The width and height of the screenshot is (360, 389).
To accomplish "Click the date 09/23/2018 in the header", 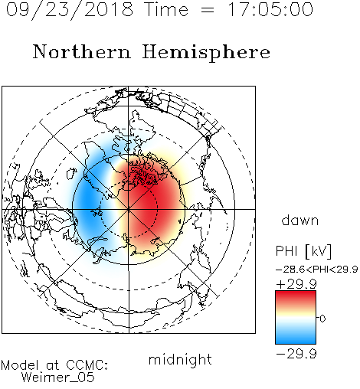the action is [70, 10].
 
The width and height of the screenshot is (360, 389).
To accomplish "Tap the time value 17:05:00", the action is [270, 9].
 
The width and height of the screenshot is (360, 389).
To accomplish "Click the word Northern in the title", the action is [82, 52].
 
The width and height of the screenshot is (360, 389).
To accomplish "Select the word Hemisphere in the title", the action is [206, 53].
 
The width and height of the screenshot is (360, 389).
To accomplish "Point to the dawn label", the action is [300, 221].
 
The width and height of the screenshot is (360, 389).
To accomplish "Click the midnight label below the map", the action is [180, 359].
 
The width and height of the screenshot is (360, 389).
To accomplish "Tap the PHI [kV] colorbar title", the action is [303, 251].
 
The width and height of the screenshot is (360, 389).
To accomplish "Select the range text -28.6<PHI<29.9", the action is [317, 270].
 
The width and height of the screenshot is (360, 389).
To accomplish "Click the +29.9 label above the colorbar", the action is [296, 284].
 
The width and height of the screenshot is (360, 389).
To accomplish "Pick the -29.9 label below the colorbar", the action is [296, 354].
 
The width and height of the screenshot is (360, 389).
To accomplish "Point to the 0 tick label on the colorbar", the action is [322, 319].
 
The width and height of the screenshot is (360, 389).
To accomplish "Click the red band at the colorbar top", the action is [296, 296].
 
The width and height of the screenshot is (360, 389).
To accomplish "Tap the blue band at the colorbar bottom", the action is [296, 338].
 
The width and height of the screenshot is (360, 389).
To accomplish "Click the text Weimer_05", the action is [58, 378].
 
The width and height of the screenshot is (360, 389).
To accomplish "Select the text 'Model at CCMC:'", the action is [54, 365].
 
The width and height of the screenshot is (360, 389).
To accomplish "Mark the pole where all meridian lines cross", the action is [129, 209].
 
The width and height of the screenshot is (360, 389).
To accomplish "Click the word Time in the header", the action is [166, 9].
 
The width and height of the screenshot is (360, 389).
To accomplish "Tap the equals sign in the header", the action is [207, 10].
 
